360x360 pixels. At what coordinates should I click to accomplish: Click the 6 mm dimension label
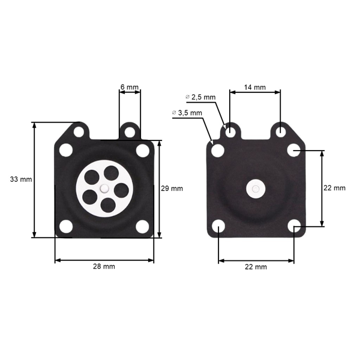[x=129, y=87]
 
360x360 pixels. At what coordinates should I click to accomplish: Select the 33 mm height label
[x=21, y=179]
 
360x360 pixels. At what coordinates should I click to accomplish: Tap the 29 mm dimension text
[x=172, y=188]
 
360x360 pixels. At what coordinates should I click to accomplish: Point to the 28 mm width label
[x=104, y=266]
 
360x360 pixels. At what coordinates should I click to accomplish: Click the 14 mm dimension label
[x=254, y=87]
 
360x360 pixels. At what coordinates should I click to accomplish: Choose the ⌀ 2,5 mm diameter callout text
[x=202, y=97]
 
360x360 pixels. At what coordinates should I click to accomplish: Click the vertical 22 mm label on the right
[x=335, y=188]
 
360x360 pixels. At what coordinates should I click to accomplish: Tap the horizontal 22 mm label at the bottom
[x=256, y=267]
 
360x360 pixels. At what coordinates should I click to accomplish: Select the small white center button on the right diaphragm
[x=256, y=190]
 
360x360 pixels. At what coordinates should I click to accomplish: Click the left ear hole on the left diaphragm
[x=78, y=130]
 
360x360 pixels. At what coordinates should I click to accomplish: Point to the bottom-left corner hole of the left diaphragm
[x=66, y=227]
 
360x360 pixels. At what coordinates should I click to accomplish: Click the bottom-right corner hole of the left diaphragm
[x=142, y=227]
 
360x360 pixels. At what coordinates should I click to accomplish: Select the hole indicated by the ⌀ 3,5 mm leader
[x=218, y=150]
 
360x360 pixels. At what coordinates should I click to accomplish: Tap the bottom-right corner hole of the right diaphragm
[x=293, y=226]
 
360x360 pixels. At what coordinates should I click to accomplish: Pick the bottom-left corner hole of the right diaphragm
[x=218, y=227]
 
